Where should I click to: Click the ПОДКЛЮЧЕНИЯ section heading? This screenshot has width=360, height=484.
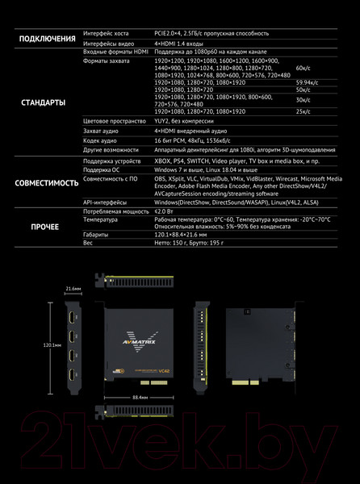tap(42, 38)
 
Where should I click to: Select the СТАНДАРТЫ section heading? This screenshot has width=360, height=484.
tap(42, 102)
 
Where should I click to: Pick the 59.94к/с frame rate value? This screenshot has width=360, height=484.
tap(307, 82)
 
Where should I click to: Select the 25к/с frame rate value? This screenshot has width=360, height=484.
tap(303, 111)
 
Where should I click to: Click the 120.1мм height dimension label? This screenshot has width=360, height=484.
tap(52, 344)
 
